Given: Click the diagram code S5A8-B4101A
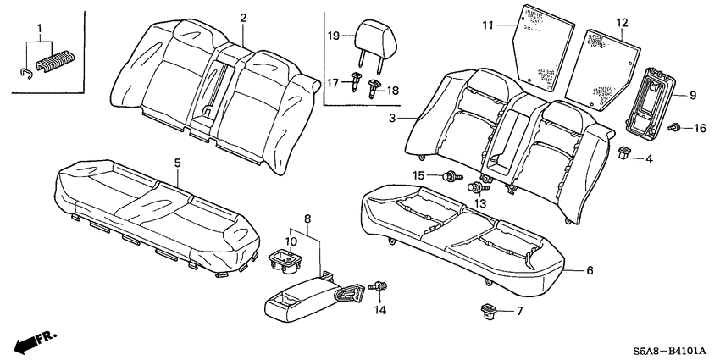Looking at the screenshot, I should pyautogui.click(x=667, y=350).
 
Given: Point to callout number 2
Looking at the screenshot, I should pyautogui.click(x=243, y=18).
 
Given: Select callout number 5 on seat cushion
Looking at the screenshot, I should pyautogui.click(x=177, y=162).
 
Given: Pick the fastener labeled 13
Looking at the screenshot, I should pyautogui.click(x=477, y=186).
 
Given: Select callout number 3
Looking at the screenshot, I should pyautogui.click(x=392, y=119).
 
